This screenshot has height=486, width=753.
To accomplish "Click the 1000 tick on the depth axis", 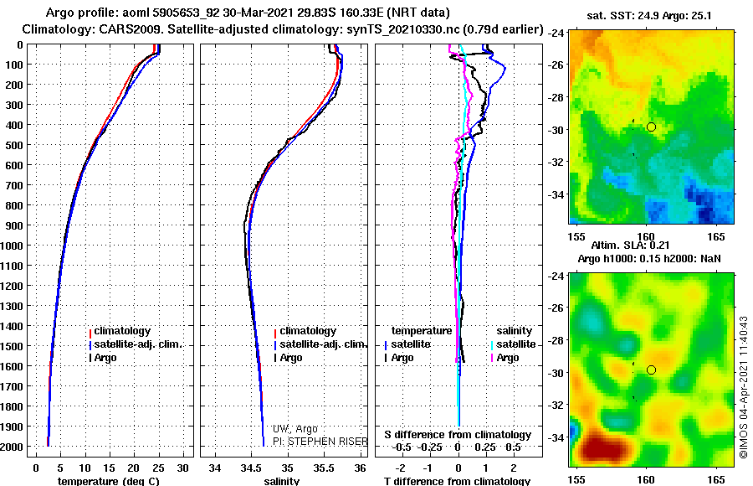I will pyautogui.click(x=13, y=246).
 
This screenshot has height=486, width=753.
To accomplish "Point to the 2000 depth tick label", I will pyautogui.click(x=13, y=447).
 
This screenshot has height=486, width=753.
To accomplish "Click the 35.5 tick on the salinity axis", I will pyautogui.click(x=325, y=468).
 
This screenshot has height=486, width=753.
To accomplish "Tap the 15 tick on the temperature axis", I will pyautogui.click(x=109, y=468).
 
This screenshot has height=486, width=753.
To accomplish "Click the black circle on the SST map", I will pyautogui.click(x=651, y=127).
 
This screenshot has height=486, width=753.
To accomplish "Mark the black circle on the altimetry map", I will pyautogui.click(x=651, y=370).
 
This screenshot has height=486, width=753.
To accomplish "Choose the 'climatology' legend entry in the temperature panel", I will pyautogui.click(x=121, y=331).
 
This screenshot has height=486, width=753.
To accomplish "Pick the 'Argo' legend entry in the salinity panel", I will pyautogui.click(x=290, y=358).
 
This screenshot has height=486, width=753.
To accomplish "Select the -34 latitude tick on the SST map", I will pyautogui.click(x=556, y=194).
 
